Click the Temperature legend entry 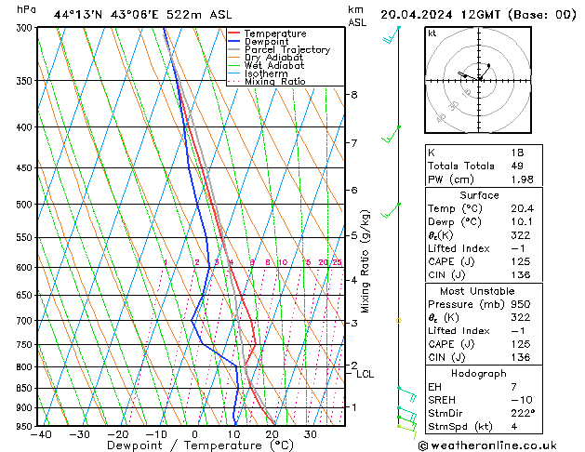click(274, 33)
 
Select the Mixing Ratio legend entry click(274, 82)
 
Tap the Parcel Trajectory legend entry click(286, 50)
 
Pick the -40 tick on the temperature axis click(40, 434)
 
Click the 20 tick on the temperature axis click(272, 434)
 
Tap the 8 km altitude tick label click(354, 95)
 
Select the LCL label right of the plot click(365, 375)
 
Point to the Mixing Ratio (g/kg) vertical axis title click(366, 260)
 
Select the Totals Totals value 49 click(516, 166)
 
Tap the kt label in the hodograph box click(432, 33)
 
